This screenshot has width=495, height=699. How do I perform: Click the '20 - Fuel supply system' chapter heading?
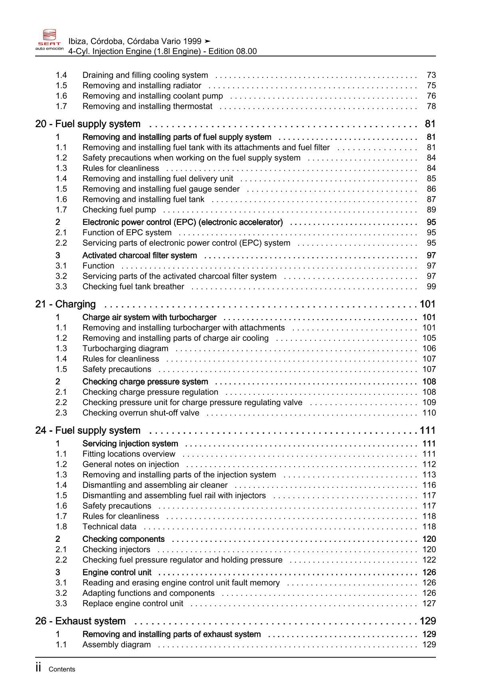(88, 124)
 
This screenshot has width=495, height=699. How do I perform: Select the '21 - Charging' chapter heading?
(65, 304)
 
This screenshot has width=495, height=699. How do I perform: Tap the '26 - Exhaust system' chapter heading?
(80, 621)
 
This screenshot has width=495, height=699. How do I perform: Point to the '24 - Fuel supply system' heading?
(88, 430)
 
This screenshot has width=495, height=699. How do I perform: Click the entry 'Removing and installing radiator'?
(142, 85)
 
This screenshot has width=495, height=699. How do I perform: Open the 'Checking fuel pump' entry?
(119, 210)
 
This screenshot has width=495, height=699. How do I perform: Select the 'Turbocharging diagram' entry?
(125, 348)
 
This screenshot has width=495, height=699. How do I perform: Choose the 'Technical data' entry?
(109, 526)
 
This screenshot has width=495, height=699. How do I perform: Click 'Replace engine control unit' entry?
(133, 603)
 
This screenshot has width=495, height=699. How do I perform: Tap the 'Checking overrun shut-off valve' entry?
(141, 413)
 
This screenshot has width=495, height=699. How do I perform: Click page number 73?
(431, 75)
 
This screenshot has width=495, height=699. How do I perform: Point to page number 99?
(431, 286)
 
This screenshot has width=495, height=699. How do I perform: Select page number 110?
(429, 413)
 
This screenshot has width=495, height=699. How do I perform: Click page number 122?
(429, 560)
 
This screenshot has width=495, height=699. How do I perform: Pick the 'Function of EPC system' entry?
(127, 232)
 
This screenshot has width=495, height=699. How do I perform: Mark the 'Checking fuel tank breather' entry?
(133, 286)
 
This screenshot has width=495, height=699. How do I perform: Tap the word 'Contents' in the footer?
(62, 669)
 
